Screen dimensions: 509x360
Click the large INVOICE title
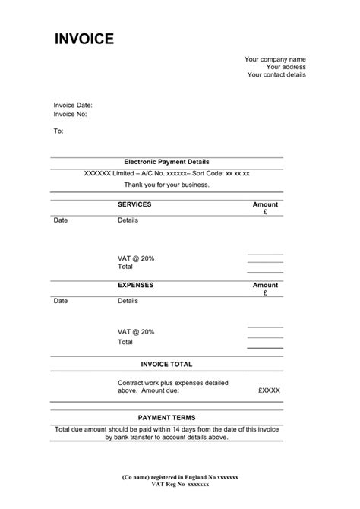click(x=84, y=39)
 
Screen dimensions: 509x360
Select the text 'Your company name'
click(x=274, y=58)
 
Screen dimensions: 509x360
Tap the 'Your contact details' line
click(x=276, y=75)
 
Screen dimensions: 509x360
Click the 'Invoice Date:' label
click(x=73, y=105)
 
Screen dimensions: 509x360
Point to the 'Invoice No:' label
click(x=70, y=114)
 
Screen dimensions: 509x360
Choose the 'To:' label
click(x=58, y=131)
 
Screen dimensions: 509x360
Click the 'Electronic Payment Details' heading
click(x=166, y=162)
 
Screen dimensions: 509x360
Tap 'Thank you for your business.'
click(x=166, y=185)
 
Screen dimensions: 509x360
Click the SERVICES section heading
click(x=134, y=204)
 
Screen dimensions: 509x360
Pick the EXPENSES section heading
click(x=135, y=285)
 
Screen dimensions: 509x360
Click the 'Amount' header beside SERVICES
click(x=265, y=204)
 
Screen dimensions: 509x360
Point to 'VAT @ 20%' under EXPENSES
click(x=136, y=331)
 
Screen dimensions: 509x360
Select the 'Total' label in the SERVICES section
click(x=125, y=267)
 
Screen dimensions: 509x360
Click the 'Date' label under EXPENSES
click(x=60, y=300)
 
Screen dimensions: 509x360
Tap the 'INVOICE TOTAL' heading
click(x=166, y=365)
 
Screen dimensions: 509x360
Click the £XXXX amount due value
click(x=269, y=390)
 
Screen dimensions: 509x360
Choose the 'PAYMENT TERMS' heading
click(x=166, y=417)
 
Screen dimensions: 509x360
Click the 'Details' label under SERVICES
click(x=128, y=220)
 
